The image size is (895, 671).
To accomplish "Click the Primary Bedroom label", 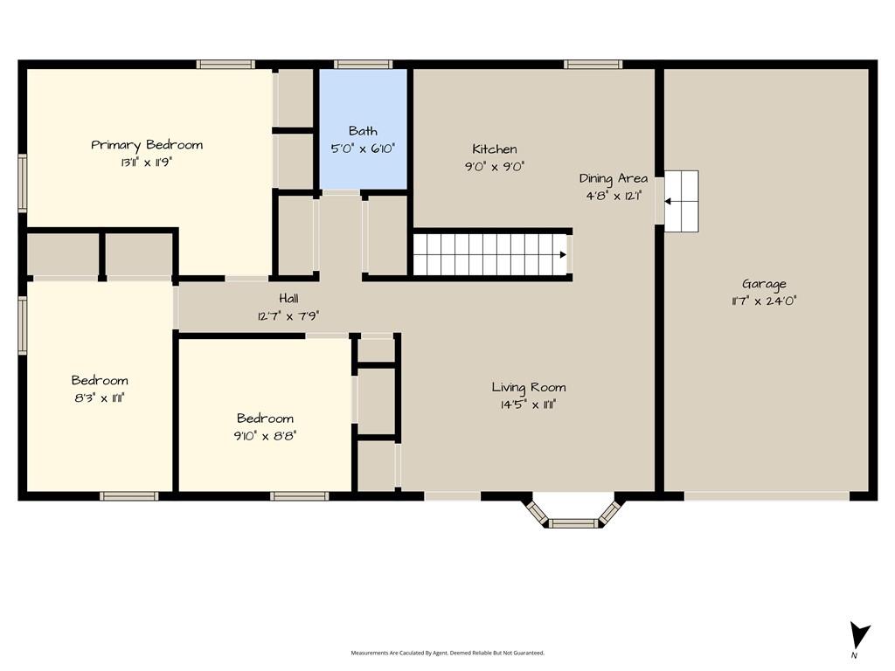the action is [147, 146].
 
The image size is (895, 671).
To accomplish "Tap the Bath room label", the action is [363, 131].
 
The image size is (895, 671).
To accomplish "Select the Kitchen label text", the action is [495, 149].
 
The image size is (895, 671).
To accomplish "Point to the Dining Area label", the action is [614, 178].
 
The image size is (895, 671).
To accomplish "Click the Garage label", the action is [764, 284].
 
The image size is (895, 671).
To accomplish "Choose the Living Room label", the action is [529, 387].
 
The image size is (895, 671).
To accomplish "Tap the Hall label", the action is [288, 298].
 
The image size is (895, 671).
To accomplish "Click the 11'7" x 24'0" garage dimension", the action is [764, 301].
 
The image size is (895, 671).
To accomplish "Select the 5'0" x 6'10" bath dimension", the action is [363, 149].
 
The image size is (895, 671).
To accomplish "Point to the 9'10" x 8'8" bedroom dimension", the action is [265, 436].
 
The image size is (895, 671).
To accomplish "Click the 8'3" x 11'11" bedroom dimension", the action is [100, 398].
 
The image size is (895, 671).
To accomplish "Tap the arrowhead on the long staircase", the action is [563, 254].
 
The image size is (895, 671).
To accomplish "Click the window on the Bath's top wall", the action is [363, 65].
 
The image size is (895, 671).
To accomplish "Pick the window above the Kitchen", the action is [593, 65].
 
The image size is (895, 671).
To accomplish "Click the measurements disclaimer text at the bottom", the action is [447, 653].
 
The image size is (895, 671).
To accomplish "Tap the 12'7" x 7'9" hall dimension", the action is [288, 315].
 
